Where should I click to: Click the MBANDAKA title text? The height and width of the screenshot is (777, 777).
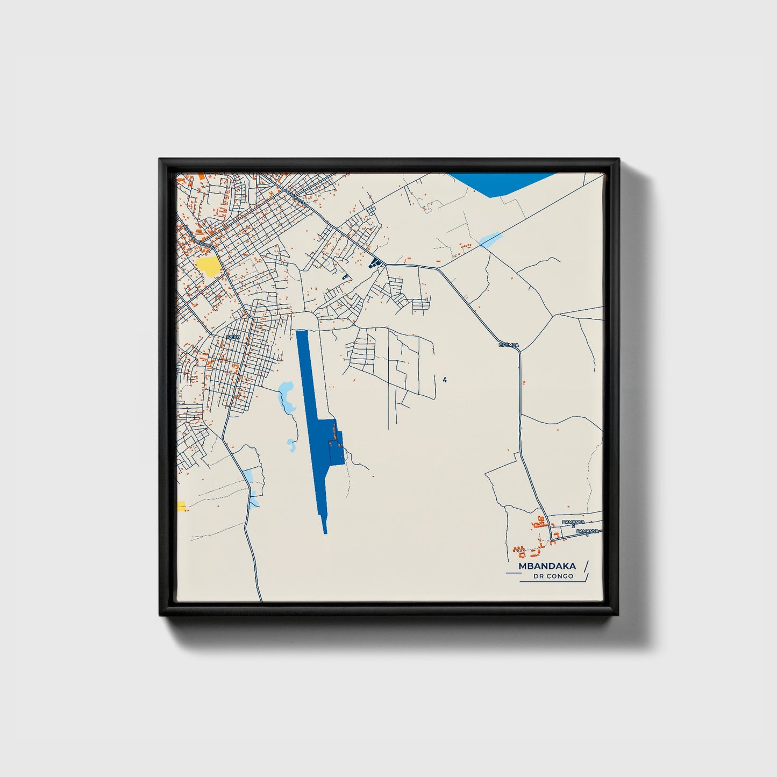coord(547,566)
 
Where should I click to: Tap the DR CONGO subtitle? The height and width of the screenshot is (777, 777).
coord(553,576)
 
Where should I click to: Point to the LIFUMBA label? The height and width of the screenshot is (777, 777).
coord(509,344)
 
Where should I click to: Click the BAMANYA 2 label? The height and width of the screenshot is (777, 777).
coord(573,522)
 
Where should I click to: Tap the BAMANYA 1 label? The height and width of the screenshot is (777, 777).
coord(587,532)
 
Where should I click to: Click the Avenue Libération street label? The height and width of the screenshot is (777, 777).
coord(197,237)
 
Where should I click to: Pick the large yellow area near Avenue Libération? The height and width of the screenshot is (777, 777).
coord(208,266)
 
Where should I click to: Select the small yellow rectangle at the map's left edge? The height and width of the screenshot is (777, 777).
coord(181,506)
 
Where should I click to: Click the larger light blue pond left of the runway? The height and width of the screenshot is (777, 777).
coord(286,398)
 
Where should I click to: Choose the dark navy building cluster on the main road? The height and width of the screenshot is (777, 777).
coord(375,262)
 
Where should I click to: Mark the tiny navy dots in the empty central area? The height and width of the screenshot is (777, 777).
coord(445,380)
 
